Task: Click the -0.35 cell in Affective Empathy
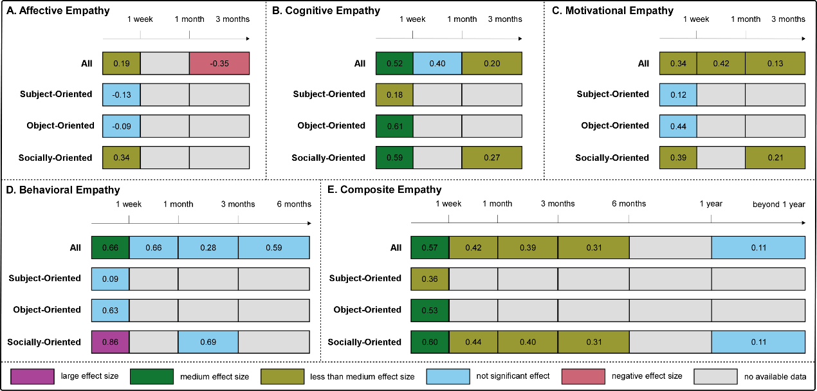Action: [x=219, y=64]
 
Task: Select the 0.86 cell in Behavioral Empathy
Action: [x=111, y=342]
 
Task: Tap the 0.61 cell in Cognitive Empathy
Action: [x=394, y=126]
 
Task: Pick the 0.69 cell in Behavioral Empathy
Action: [x=208, y=342]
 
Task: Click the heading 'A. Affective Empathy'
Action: [x=57, y=11]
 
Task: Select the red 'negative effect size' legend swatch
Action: [x=583, y=376]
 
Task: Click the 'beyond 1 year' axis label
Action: [x=778, y=204]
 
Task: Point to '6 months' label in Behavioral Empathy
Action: [x=294, y=204]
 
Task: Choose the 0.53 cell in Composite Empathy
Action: [x=430, y=310]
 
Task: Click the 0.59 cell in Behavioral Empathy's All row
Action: [x=273, y=248]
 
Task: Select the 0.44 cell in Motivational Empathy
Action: [x=678, y=126]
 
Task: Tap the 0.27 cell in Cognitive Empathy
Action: [x=491, y=158]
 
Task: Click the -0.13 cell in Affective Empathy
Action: [x=122, y=95]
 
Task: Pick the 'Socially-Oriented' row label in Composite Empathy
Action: [x=364, y=342]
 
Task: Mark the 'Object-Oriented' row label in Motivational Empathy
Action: [x=615, y=126]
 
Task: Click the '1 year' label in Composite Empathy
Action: [x=711, y=204]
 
